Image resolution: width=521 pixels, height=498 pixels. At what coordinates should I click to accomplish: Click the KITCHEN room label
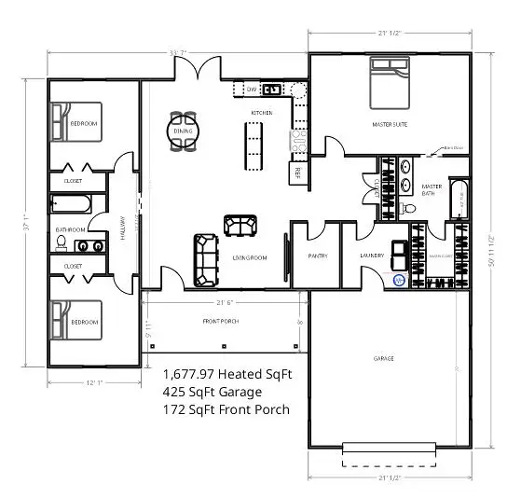261,113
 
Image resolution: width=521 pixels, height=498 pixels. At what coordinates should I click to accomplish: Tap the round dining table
183,131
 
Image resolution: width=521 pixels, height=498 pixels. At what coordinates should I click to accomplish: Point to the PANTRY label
317,255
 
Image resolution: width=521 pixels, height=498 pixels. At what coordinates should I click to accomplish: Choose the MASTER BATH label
431,189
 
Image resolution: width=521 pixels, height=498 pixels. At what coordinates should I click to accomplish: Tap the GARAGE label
383,358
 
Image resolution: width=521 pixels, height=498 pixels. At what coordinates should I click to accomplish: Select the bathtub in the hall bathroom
71,203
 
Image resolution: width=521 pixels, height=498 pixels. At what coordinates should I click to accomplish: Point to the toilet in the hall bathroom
62,242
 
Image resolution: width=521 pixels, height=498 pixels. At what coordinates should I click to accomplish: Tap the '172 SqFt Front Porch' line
226,409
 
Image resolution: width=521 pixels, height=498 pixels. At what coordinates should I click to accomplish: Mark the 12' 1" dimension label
90,382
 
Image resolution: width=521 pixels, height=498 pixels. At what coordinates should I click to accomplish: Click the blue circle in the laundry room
398,279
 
